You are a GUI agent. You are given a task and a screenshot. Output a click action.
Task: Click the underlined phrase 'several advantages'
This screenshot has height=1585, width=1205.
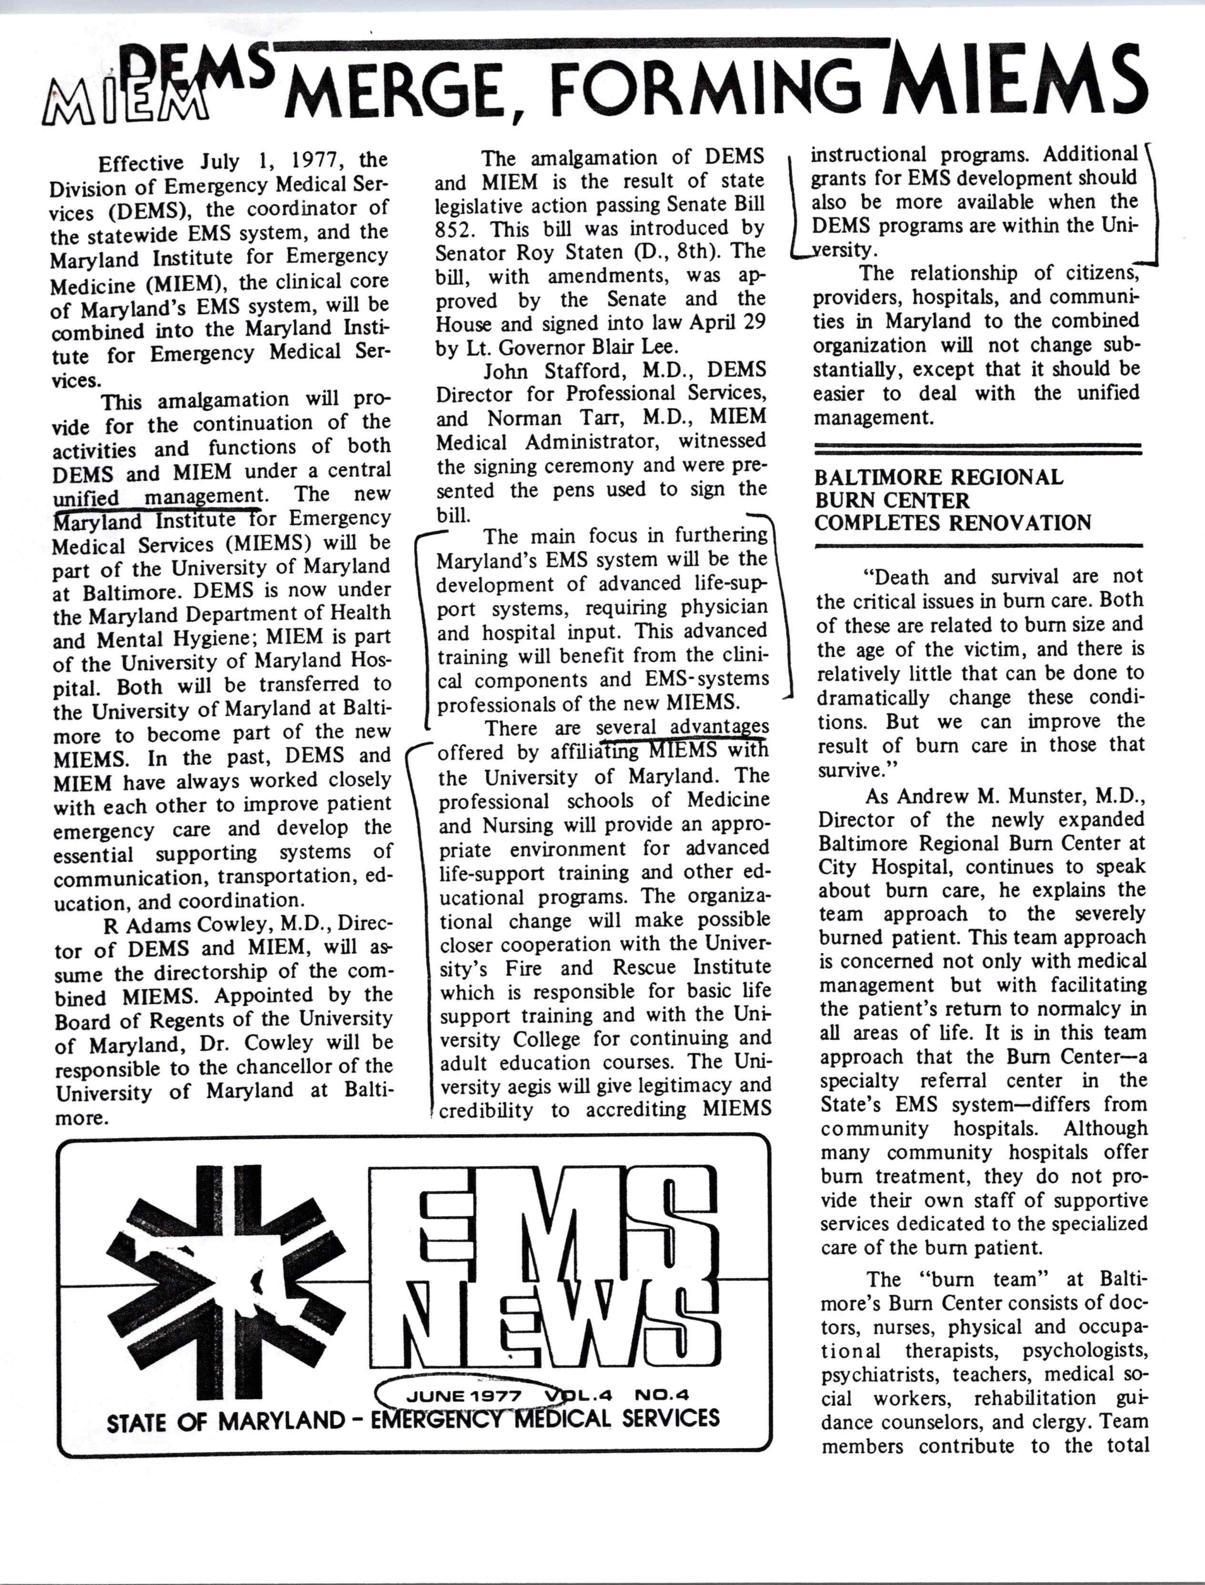pyautogui.click(x=682, y=727)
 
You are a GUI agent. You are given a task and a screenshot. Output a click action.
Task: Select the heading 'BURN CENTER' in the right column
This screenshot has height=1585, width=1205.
pyautogui.click(x=892, y=500)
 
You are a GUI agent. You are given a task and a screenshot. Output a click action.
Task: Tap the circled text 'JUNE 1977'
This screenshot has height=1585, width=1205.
pyautogui.click(x=463, y=1395)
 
